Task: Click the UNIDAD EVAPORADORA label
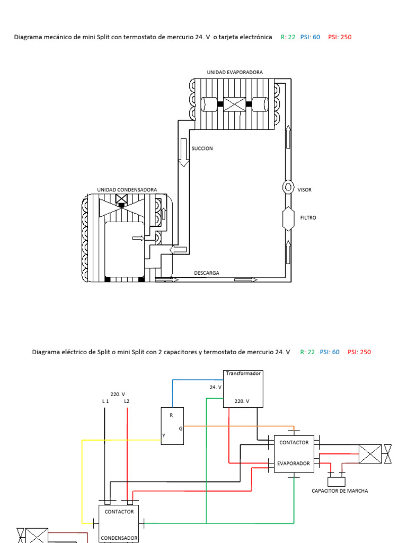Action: click(234, 72)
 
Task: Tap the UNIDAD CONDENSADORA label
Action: click(127, 189)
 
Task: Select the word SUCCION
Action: click(202, 148)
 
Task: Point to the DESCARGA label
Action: click(207, 273)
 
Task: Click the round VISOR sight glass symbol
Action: click(288, 187)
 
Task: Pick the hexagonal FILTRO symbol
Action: click(288, 218)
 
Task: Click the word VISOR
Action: click(304, 190)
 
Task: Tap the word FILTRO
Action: click(308, 217)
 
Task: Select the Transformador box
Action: click(243, 389)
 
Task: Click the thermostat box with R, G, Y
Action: click(173, 424)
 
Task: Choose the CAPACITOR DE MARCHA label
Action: click(340, 491)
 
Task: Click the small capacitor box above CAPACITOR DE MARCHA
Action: click(337, 481)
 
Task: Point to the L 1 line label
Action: click(105, 401)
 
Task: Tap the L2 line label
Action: click(127, 401)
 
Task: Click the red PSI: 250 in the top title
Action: click(340, 37)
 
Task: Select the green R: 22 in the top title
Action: click(288, 37)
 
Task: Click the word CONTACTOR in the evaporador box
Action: click(294, 442)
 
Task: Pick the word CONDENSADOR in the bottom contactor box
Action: click(120, 537)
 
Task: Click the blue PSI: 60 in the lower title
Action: click(329, 352)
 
